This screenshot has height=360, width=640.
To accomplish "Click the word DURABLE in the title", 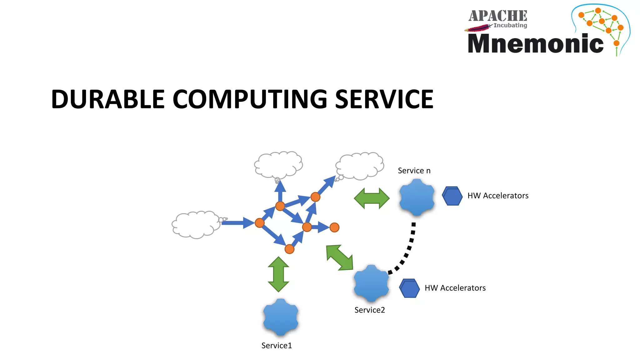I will [x=108, y=99].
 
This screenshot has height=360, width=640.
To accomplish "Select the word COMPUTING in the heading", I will [x=250, y=99].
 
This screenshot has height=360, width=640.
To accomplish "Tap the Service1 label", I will [x=277, y=345].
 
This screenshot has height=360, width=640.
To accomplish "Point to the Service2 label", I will [x=369, y=310].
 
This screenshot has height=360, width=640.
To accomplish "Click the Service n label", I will [x=414, y=171].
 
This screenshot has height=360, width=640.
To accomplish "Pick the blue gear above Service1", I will [x=281, y=317].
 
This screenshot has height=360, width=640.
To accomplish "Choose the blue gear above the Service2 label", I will [x=371, y=283].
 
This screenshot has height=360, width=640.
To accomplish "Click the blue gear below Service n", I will [x=417, y=197].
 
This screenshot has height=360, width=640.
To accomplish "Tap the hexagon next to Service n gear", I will [x=452, y=196].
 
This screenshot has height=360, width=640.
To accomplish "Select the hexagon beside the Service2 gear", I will [x=409, y=288].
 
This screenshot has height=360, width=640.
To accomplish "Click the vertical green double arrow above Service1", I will [x=278, y=274].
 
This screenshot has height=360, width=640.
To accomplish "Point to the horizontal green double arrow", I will [x=372, y=198].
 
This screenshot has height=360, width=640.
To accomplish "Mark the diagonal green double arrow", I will [x=339, y=257].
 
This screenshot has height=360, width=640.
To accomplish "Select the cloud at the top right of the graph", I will [x=360, y=166].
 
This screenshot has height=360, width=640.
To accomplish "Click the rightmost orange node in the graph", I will [x=334, y=227].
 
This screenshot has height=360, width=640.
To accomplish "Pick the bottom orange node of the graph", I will [x=289, y=249].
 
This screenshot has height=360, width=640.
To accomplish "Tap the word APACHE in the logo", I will [x=497, y=16].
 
